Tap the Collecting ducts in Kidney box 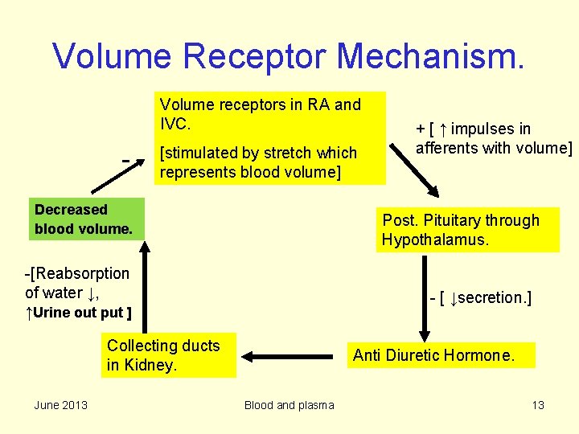point(170,355)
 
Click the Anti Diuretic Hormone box point(441,355)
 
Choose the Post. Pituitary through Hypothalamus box point(466,231)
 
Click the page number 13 point(538,405)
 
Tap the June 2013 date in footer point(61,405)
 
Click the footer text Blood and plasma point(289,405)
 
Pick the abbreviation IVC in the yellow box point(175,124)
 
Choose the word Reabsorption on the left point(80,273)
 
